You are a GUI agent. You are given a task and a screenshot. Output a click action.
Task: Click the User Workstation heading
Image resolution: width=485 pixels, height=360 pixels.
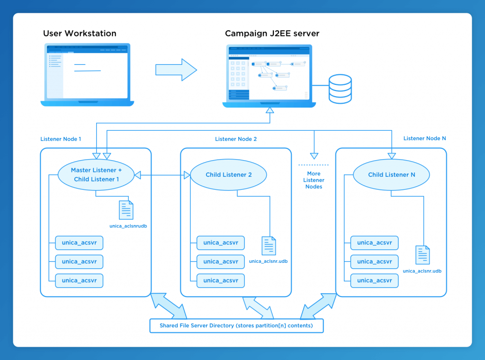80,34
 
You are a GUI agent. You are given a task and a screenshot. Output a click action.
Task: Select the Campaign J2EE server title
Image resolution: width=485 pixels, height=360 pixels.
272,34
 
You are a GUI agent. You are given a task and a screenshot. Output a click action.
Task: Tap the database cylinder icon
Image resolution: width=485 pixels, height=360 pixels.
340,89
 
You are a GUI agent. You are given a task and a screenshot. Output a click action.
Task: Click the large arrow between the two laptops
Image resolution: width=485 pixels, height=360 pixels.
176,70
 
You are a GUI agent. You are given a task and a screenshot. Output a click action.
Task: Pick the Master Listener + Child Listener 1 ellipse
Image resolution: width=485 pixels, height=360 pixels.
96,175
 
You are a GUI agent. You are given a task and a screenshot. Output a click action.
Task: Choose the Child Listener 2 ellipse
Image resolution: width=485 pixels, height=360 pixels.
228,175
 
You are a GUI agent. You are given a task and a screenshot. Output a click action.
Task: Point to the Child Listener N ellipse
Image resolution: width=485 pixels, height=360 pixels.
391,175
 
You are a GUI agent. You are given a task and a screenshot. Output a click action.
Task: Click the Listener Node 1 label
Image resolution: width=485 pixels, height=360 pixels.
61,139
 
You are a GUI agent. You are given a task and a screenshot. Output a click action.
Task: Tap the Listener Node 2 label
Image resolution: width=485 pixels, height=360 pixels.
236,139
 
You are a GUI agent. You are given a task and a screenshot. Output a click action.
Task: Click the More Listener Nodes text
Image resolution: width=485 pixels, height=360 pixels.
314,180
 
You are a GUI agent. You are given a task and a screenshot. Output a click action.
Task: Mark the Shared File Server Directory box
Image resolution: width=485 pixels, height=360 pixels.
236,326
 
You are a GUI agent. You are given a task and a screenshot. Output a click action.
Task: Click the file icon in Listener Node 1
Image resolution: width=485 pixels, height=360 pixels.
126,210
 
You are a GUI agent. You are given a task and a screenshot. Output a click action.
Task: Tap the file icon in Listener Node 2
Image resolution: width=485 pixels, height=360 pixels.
269,246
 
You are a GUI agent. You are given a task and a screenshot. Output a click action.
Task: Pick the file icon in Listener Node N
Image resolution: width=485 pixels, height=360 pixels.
422,255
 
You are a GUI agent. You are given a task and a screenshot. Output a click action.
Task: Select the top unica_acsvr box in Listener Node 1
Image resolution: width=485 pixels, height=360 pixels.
79,243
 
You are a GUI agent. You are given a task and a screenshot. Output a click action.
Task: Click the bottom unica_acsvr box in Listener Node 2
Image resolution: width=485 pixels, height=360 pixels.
221,280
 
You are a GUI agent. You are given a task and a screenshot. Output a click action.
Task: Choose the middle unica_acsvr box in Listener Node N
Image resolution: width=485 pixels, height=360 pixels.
374,261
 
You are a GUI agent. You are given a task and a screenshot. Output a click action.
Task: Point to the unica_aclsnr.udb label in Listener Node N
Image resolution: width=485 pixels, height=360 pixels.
422,271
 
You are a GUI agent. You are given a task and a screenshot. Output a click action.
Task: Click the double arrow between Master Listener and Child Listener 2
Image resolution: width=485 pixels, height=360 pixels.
162,175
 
